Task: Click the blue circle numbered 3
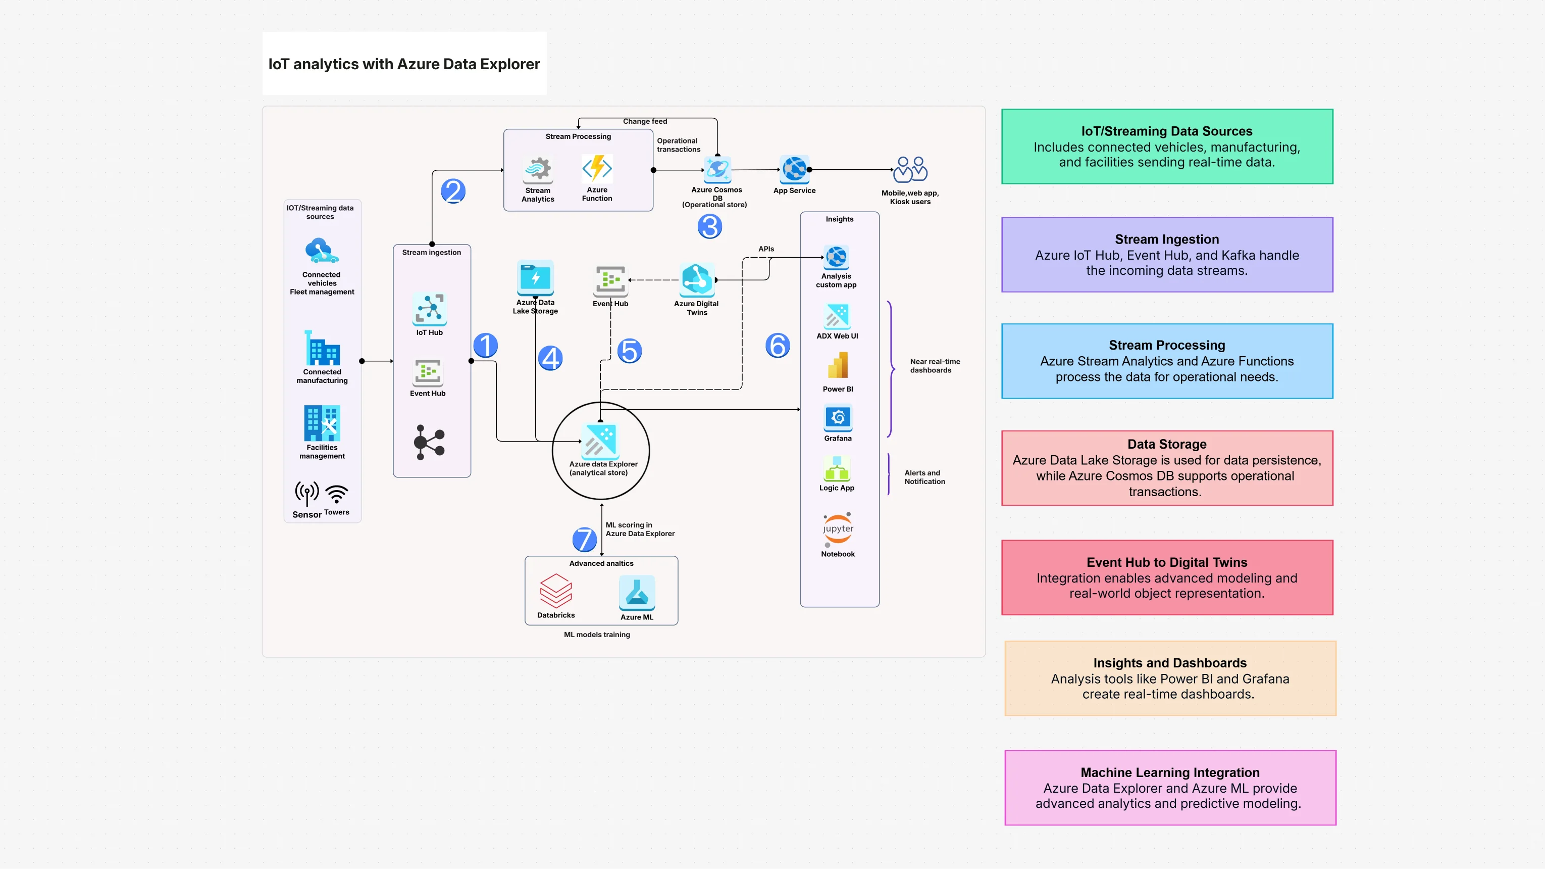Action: tap(709, 226)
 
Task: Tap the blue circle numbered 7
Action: tap(584, 539)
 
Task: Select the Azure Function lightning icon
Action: tap(597, 168)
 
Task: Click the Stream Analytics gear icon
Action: tap(538, 169)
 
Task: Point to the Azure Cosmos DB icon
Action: tap(717, 169)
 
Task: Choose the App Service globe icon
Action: tap(794, 169)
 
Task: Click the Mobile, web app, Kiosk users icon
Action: tap(910, 170)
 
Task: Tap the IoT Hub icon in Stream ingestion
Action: tap(430, 309)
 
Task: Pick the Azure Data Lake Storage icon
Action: tap(535, 277)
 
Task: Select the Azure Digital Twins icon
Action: tap(696, 279)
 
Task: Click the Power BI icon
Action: tap(838, 365)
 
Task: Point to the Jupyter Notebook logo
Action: tap(838, 528)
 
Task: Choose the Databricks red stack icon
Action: tap(556, 591)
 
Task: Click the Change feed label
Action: tap(645, 121)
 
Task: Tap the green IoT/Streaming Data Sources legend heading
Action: tap(1166, 131)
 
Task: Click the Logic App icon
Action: tap(837, 468)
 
